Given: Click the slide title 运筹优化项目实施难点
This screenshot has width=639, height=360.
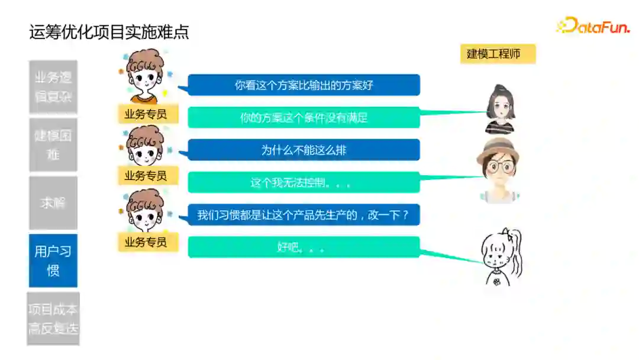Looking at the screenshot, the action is click(109, 32).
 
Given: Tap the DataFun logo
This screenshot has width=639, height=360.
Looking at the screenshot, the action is click(593, 25).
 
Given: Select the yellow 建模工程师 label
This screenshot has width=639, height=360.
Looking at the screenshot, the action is click(498, 54).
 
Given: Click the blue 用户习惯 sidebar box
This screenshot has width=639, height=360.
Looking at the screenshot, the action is click(53, 261).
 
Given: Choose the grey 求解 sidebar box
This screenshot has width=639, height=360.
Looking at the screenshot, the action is click(53, 202).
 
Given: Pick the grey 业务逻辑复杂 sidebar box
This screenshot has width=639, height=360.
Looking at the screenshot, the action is click(53, 86).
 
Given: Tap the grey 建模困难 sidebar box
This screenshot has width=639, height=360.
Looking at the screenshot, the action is click(53, 144).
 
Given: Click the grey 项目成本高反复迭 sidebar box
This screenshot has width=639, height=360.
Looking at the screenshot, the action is click(53, 319).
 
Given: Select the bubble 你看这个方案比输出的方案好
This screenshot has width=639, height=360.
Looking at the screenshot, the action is click(304, 85).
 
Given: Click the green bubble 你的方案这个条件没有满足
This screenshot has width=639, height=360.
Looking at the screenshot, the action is click(304, 117).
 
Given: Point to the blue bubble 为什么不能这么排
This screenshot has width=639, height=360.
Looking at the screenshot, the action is click(304, 150).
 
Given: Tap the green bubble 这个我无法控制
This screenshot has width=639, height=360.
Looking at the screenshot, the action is click(304, 182).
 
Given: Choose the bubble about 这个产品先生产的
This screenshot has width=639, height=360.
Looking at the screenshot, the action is click(304, 215).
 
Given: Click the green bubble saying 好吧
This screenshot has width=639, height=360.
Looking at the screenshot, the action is click(304, 247).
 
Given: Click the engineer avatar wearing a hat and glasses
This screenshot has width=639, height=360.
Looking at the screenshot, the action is click(499, 169).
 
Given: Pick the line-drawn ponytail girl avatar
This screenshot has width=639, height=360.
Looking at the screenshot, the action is click(501, 257).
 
